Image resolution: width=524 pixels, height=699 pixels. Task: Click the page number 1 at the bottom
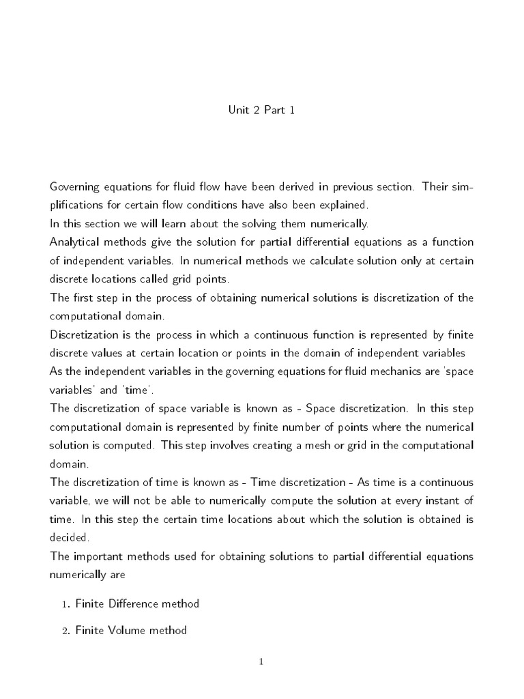coord(261,661)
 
